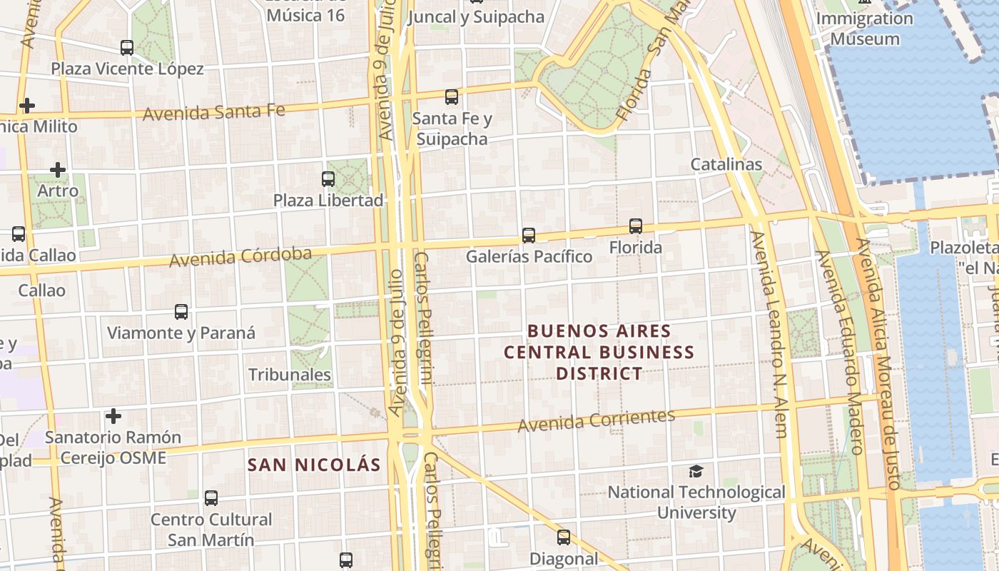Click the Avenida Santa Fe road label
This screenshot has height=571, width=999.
point(214,112)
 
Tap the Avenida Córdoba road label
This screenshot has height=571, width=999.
point(240,257)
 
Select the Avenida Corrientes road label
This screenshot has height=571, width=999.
point(596,420)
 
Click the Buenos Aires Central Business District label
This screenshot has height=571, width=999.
point(599,352)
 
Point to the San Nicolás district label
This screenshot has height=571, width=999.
point(314,465)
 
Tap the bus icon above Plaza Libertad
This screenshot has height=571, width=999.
point(328,178)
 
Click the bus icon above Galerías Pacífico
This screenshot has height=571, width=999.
point(529,235)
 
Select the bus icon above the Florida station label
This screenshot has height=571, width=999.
point(635,226)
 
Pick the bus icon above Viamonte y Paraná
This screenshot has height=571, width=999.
point(181,311)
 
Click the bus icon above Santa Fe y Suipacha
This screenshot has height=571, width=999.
point(451,96)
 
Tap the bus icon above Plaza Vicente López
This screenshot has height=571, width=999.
point(127,48)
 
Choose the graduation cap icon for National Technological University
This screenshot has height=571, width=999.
point(696,471)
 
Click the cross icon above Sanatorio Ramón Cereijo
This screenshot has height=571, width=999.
point(113,415)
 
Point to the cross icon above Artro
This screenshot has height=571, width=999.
point(58,170)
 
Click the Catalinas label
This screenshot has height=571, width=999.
point(726,164)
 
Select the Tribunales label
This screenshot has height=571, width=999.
point(290,375)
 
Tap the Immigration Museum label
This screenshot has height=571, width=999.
point(865,29)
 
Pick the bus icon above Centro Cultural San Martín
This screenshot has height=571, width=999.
point(211,497)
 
